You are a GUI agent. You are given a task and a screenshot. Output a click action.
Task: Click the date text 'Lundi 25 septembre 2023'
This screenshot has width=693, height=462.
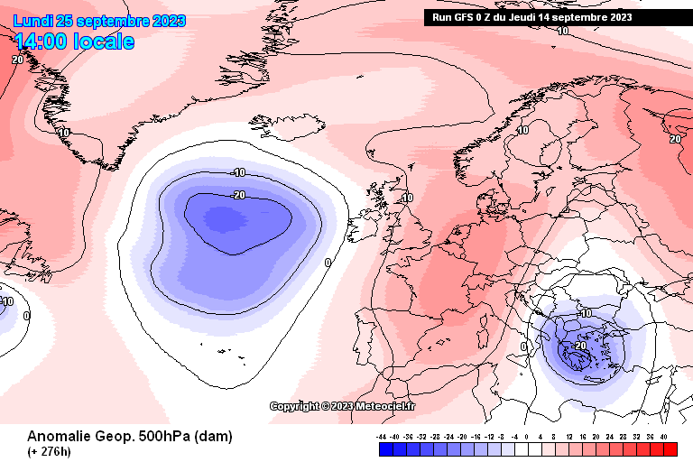tap(99, 21)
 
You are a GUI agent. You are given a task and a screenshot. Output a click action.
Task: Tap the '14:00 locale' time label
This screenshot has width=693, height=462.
tap(74, 42)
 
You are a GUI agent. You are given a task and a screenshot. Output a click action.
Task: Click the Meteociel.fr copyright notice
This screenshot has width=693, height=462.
tap(343, 406)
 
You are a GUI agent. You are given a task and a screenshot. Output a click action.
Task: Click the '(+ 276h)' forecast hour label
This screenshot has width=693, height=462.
tap(51, 450)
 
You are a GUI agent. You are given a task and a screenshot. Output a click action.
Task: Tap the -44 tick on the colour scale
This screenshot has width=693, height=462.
tap(383, 437)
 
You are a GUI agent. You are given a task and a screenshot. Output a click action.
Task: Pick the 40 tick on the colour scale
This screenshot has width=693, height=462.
tap(663, 437)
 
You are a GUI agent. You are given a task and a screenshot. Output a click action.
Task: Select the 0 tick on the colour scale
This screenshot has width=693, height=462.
tap(527, 437)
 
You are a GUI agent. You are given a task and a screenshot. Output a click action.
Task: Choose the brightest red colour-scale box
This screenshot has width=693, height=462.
tap(669, 448)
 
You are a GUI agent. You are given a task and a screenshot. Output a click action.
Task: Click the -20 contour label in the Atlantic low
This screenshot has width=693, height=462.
tap(239, 195)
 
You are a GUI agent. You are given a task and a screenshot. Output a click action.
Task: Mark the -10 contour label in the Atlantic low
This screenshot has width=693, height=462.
tap(239, 172)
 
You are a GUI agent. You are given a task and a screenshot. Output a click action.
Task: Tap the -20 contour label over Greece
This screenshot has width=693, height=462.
tap(580, 345)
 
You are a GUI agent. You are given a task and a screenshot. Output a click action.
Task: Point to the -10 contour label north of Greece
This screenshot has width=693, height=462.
tap(585, 313)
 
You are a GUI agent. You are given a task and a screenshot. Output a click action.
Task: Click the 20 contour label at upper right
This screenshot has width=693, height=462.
tap(675, 139)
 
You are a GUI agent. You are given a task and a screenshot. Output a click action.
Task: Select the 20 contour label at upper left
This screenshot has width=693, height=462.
tap(17, 60)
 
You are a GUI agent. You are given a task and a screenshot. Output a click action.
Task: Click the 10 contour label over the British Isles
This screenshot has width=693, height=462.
tap(407, 198)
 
